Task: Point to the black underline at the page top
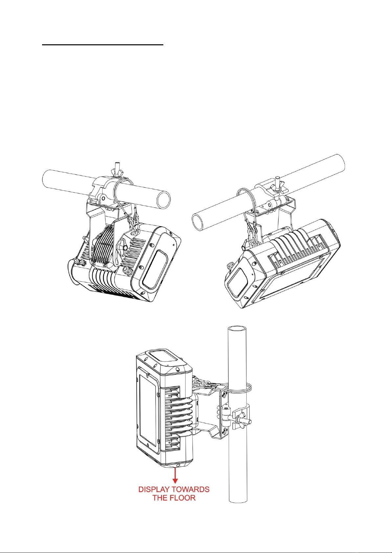click(x=103, y=45)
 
